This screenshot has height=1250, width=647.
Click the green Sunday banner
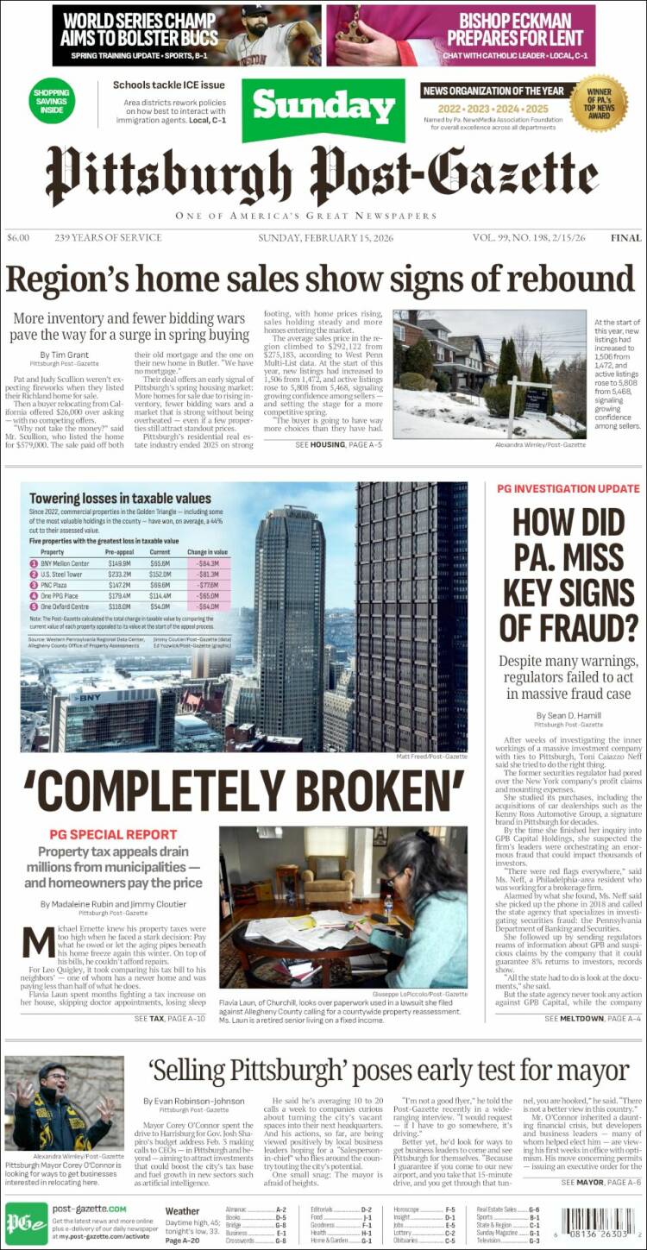click(x=323, y=110)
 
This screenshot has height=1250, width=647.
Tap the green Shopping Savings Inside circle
click(x=53, y=101)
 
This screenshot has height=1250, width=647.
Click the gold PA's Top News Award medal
click(x=598, y=103)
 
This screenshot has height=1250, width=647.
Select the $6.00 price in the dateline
click(x=18, y=238)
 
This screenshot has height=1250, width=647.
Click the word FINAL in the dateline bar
click(x=625, y=238)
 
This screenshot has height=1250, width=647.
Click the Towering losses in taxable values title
click(x=120, y=499)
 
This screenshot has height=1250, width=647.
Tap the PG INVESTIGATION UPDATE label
click(x=568, y=488)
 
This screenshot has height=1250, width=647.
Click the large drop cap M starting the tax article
click(x=38, y=941)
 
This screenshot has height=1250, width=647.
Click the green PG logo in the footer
click(x=26, y=1223)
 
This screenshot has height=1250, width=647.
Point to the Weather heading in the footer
click(x=183, y=1211)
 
